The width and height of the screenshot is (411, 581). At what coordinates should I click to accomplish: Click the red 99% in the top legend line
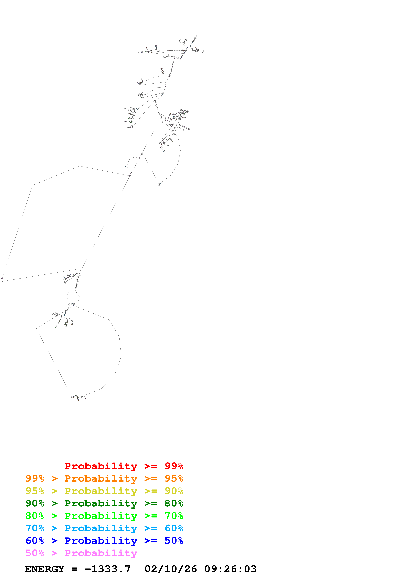(x=174, y=466)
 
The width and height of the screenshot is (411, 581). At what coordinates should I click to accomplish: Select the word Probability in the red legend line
(x=101, y=466)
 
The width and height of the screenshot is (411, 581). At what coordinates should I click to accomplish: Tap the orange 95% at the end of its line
(x=174, y=478)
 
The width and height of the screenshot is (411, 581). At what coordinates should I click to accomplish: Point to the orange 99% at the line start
(x=35, y=478)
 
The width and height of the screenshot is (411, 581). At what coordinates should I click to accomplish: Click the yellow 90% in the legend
(x=174, y=491)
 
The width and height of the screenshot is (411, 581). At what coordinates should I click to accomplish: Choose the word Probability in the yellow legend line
(x=101, y=491)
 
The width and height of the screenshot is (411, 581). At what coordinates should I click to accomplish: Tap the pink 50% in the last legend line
(x=35, y=553)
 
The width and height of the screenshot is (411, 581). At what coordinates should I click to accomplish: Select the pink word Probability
(x=101, y=553)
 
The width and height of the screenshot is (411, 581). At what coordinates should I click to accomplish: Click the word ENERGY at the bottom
(x=45, y=569)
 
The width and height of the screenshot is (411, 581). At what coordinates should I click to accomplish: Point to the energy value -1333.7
(x=108, y=569)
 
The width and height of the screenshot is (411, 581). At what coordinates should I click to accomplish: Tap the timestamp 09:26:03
(x=230, y=569)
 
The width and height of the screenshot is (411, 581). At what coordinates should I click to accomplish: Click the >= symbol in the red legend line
(x=151, y=466)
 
